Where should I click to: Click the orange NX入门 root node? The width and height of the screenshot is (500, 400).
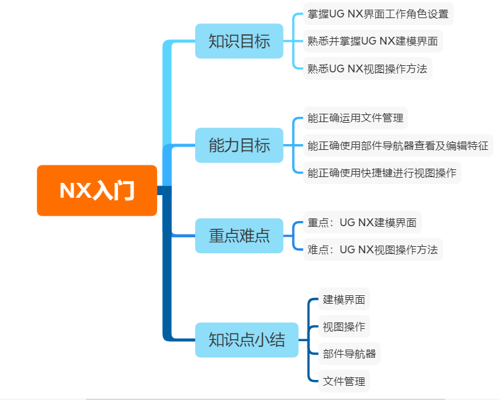(x=97, y=191)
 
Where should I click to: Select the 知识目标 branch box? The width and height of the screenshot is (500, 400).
(x=239, y=41)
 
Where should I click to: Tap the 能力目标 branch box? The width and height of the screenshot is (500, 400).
(x=239, y=145)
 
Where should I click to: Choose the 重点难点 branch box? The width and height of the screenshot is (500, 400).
(x=239, y=236)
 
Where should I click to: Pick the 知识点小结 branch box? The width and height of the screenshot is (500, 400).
(x=247, y=340)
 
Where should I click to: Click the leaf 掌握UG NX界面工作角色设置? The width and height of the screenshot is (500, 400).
(x=378, y=14)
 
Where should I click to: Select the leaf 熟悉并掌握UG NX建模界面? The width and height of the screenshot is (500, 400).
(x=373, y=41)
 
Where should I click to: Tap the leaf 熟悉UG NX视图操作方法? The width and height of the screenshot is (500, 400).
(x=368, y=68)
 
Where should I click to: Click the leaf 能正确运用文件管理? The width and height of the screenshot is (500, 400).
(x=355, y=118)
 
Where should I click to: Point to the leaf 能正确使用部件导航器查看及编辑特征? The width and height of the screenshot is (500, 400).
(x=398, y=145)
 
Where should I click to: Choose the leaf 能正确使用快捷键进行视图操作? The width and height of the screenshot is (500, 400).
(x=382, y=173)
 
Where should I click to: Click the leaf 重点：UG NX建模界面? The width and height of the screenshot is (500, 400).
(x=362, y=223)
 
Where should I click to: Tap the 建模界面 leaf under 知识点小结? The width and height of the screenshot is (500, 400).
(x=344, y=300)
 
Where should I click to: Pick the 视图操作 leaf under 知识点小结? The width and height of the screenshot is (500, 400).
(x=344, y=327)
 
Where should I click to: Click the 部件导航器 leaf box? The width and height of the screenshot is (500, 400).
(x=349, y=354)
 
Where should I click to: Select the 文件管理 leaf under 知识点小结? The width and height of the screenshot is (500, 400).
(x=344, y=381)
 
